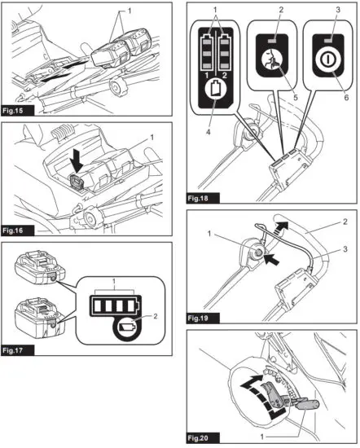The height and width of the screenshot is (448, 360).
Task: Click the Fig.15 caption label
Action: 19,109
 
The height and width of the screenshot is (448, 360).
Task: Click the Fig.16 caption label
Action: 19,231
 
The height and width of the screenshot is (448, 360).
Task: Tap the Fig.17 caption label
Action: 19,351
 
